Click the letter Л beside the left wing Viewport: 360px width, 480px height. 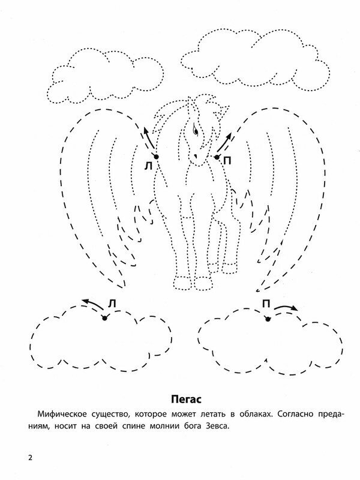[x=148, y=167]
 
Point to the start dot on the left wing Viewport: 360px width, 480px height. [x=155, y=157]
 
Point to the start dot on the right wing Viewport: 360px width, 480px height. [x=216, y=157]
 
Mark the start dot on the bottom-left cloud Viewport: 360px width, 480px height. [x=104, y=318]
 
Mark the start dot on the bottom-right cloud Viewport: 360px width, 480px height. [x=268, y=319]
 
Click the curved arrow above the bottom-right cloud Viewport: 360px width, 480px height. [x=285, y=307]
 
